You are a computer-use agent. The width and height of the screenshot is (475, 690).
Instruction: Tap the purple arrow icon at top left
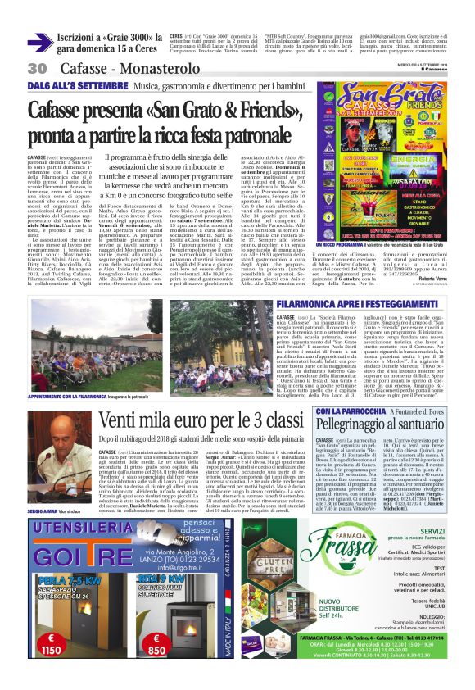(x=40, y=43)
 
